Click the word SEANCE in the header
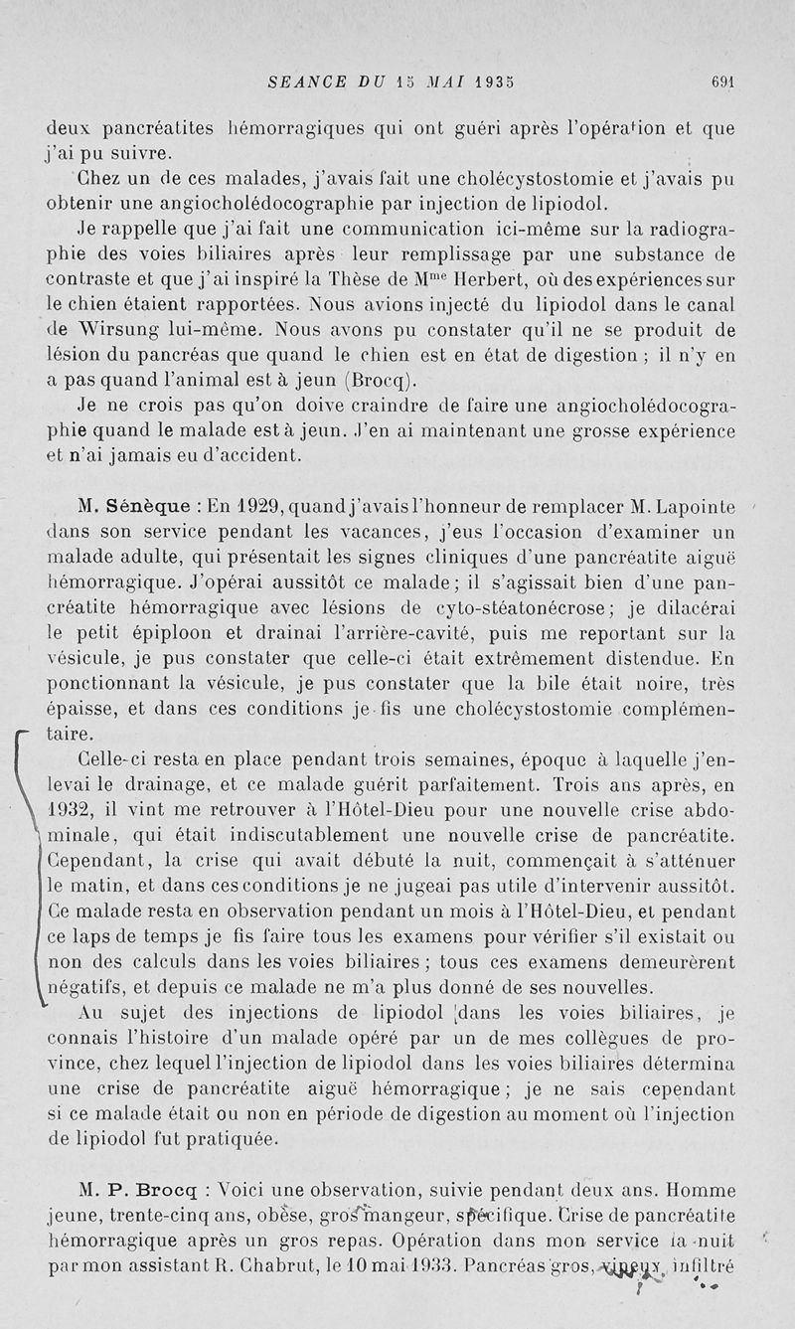click(x=304, y=82)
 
